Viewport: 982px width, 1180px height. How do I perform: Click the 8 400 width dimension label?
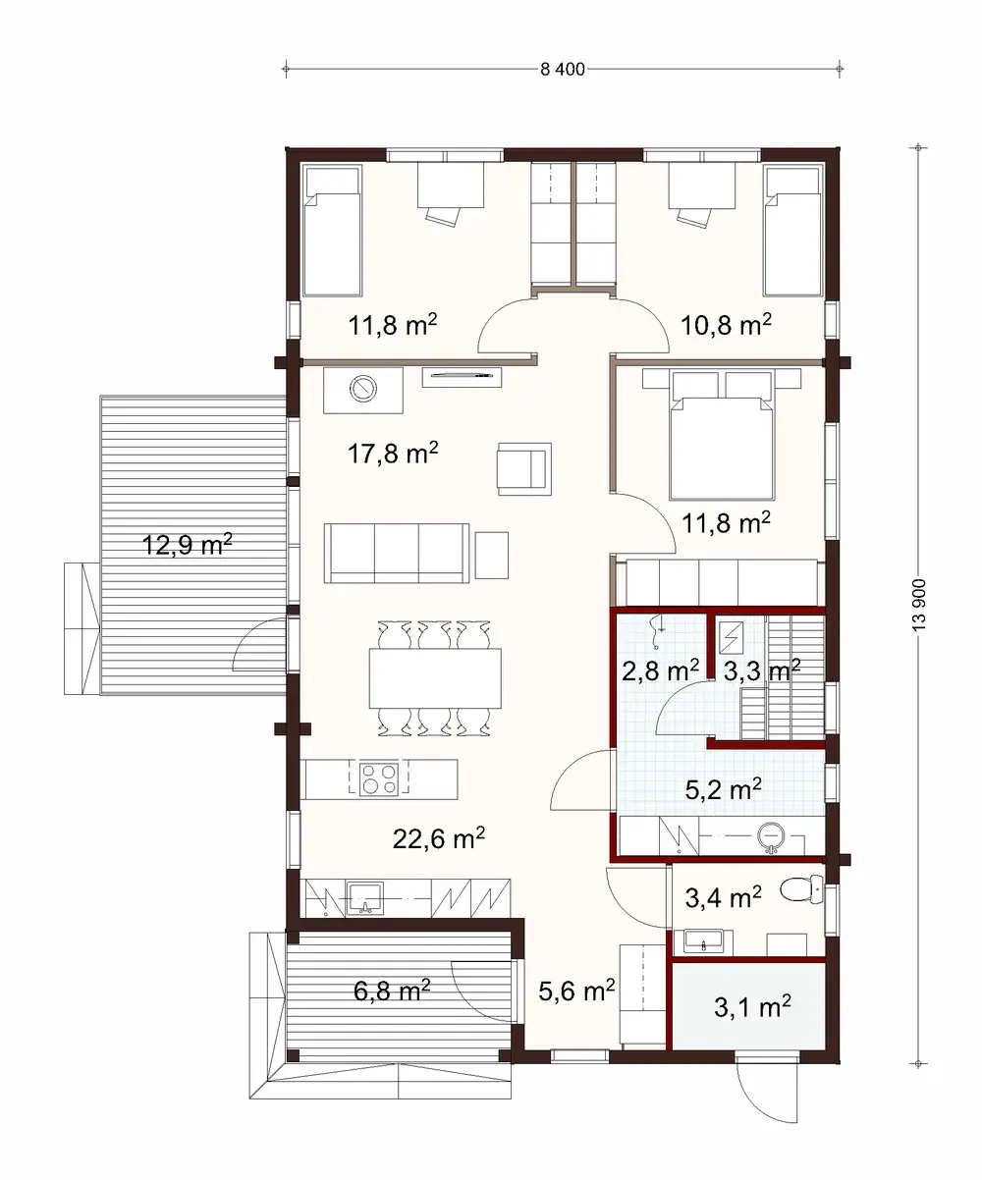click(x=563, y=69)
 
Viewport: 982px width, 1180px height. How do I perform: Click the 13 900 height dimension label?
click(x=919, y=605)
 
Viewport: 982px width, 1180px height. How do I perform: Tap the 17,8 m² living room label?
click(x=393, y=454)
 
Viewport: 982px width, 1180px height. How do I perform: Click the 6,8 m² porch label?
click(x=392, y=992)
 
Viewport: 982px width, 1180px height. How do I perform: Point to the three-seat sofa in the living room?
click(x=397, y=552)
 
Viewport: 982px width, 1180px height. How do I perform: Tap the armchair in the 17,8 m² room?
click(x=524, y=466)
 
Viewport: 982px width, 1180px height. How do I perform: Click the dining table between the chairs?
click(x=435, y=678)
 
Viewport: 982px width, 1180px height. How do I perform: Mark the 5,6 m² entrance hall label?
click(x=576, y=992)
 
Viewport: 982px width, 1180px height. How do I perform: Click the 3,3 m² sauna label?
click(x=761, y=671)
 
